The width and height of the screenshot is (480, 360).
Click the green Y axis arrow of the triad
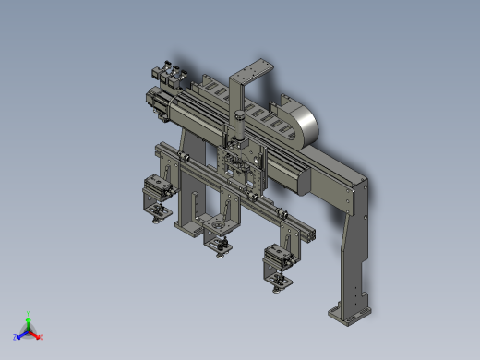pos(30,317)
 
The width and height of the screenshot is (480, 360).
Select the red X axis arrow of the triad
pos(39,336)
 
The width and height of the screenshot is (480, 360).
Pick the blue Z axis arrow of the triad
pos(19,335)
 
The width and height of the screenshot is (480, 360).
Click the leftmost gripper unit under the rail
pos(154,197)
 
